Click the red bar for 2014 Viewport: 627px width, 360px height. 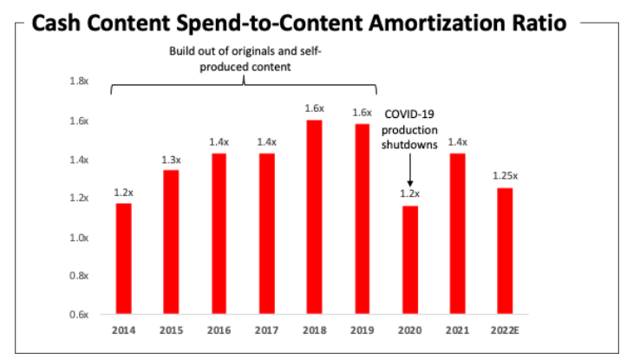coord(123,259)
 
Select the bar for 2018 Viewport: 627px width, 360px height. coord(314,217)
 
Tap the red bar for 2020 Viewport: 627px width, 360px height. coord(409,259)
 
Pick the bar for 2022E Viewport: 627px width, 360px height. coord(504,251)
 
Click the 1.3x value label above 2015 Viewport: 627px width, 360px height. coord(171,159)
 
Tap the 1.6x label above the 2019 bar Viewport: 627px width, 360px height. coord(362,113)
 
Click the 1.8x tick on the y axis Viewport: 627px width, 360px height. coord(77,82)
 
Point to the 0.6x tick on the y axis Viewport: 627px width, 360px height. coord(77,314)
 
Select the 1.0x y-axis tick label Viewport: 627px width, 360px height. coord(77,237)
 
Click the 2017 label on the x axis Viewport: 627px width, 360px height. coord(266,331)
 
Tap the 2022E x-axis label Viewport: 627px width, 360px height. coord(504,331)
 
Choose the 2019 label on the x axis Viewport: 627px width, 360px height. coord(362,331)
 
